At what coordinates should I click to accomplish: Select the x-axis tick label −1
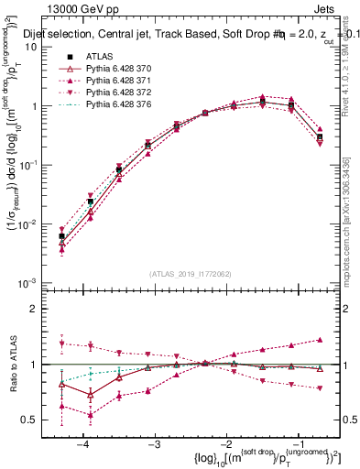[x=293, y=442]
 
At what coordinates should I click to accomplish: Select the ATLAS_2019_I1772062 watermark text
[x=189, y=273]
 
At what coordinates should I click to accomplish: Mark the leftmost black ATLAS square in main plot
[x=61, y=236]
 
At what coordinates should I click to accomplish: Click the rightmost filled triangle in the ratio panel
[x=319, y=340]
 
